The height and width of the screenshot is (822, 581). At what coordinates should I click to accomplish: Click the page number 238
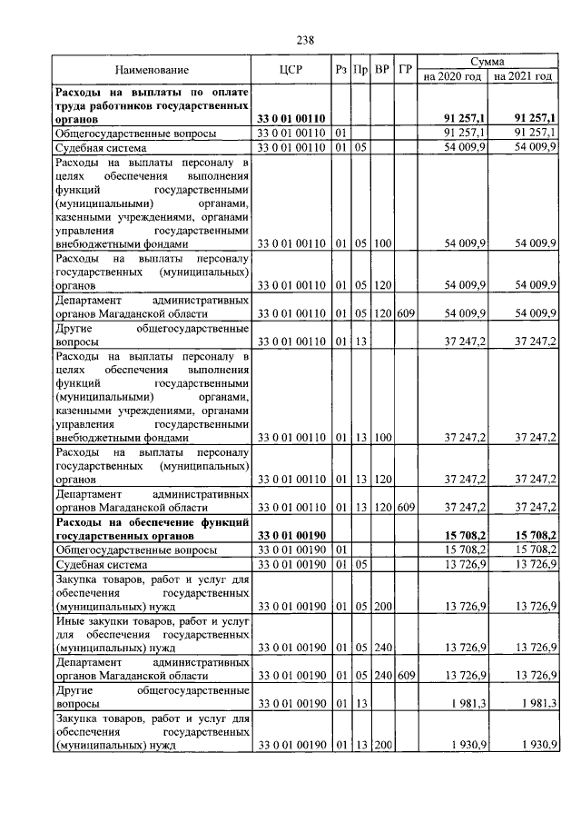tap(305, 39)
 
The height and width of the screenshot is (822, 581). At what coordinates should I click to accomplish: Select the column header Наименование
tap(153, 70)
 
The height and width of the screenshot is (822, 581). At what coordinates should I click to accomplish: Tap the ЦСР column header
tap(291, 70)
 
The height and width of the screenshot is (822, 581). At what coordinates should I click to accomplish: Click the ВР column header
tap(382, 70)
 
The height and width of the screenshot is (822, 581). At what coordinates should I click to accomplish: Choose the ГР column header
tap(406, 70)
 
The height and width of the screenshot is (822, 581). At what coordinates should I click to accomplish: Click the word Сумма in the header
tap(488, 61)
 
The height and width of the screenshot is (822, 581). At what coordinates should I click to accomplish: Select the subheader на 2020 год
tap(453, 77)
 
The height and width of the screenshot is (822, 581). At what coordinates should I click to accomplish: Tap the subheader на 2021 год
tap(523, 77)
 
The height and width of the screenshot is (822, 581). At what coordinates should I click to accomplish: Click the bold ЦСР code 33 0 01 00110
tap(291, 118)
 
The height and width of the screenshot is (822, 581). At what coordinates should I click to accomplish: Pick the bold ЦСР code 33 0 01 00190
tap(291, 536)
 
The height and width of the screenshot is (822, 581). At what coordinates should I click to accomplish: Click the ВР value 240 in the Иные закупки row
tap(381, 648)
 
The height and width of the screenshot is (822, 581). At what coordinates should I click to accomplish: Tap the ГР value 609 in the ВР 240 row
tap(406, 675)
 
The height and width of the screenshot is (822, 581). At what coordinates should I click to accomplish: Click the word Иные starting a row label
tap(70, 620)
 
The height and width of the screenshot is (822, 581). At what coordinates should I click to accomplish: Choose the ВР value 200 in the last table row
tap(381, 745)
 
